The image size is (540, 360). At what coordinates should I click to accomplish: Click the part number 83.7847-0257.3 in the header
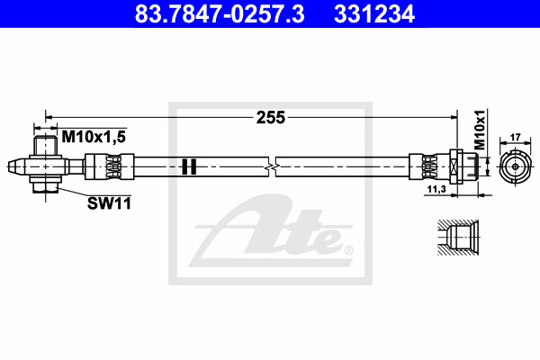click(220, 14)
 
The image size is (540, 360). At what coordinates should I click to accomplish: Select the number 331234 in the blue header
click(374, 14)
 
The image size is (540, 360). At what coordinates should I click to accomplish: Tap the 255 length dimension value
click(271, 118)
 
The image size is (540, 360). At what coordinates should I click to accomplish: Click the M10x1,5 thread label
click(94, 137)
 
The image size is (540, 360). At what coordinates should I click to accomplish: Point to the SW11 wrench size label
click(109, 203)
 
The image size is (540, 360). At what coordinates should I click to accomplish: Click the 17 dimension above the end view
click(515, 137)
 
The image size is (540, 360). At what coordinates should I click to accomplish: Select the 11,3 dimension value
click(436, 189)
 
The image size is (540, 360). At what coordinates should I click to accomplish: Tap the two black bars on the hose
click(189, 166)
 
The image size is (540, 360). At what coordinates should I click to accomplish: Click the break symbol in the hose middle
click(272, 166)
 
